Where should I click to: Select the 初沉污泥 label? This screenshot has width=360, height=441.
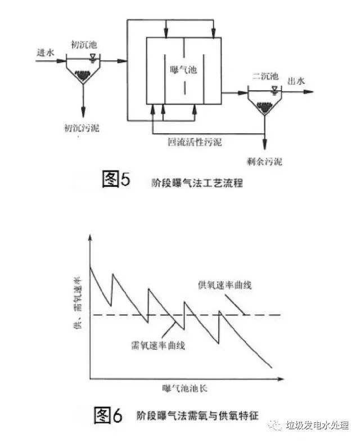[x=82, y=128]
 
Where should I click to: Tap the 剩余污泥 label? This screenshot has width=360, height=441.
[x=264, y=162]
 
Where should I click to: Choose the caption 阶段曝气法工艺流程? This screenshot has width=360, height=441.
[x=197, y=182]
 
